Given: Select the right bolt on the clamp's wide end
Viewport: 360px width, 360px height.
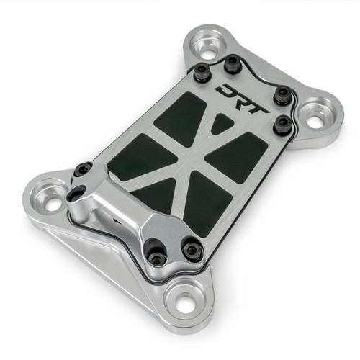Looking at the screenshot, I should click(x=192, y=250).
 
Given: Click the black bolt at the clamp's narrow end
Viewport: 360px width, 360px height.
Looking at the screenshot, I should click(x=84, y=170).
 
